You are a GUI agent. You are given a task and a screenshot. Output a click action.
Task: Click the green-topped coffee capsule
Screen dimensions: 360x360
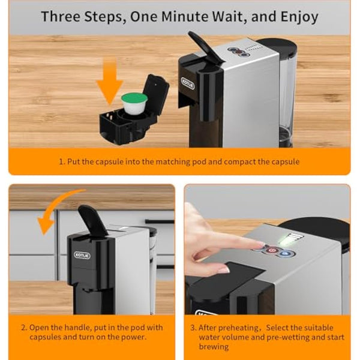tap(134, 98)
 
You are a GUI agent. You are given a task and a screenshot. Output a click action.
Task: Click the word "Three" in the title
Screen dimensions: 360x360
tap(65, 16)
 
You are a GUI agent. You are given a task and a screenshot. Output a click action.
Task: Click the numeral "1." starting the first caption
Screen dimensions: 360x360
tap(61, 161)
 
